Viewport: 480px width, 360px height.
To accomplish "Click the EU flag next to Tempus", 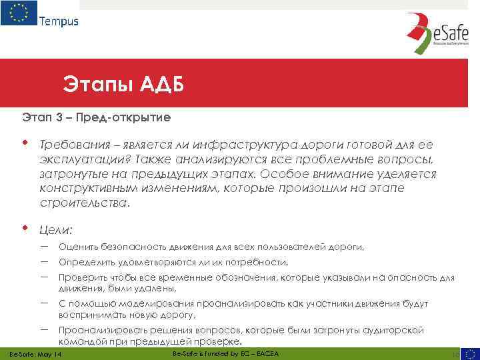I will [19, 13].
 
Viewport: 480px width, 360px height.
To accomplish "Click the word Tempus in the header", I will [59, 21].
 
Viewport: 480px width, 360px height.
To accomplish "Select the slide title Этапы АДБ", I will [123, 85].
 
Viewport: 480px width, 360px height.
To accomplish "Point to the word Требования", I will [73, 145].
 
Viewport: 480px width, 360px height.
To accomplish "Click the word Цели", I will [55, 230].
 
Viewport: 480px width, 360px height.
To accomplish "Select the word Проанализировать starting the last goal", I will [100, 330].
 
